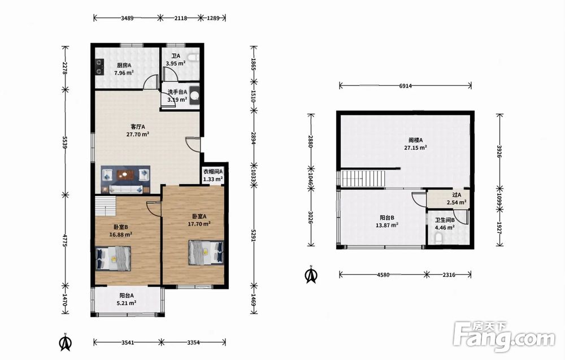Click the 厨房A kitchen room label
point(124,65)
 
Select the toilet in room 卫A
point(194,58)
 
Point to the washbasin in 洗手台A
point(194,95)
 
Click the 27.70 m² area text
point(138,135)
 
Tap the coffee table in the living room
point(125,175)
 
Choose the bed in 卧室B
point(113,258)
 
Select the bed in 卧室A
point(206,253)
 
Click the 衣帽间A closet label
point(213,172)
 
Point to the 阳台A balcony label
point(127,296)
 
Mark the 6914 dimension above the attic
point(405,86)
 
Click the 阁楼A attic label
point(415,140)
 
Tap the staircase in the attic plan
point(363,179)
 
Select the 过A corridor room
point(447,198)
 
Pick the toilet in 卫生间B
point(439,238)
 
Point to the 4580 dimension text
point(383,275)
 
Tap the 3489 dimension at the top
point(127,18)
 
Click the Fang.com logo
point(504,337)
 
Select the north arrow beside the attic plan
point(311,275)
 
